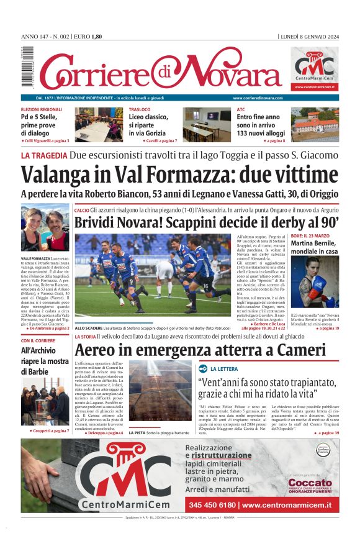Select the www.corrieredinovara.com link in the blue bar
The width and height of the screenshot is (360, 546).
pyautogui.click(x=258, y=98)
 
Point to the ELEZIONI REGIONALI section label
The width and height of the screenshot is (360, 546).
pyautogui.click(x=42, y=109)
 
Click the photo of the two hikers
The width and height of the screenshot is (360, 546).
pyautogui.click(x=45, y=227)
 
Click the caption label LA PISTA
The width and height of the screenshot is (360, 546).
pyautogui.click(x=137, y=432)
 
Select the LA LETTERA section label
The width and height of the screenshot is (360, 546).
pyautogui.click(x=223, y=368)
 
